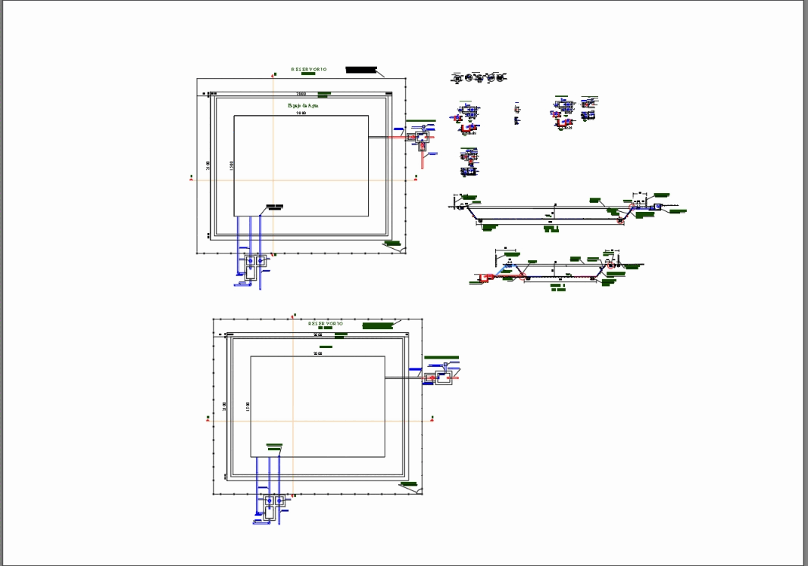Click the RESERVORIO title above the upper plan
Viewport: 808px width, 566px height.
308,70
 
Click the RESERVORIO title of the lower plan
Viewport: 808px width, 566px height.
326,323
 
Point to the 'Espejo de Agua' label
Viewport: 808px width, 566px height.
302,106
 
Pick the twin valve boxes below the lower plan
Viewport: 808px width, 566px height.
273,502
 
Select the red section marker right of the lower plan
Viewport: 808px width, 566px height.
432,417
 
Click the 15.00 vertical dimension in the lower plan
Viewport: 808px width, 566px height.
247,406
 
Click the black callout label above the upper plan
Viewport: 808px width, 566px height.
361,70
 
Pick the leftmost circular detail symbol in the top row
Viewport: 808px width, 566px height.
457,77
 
